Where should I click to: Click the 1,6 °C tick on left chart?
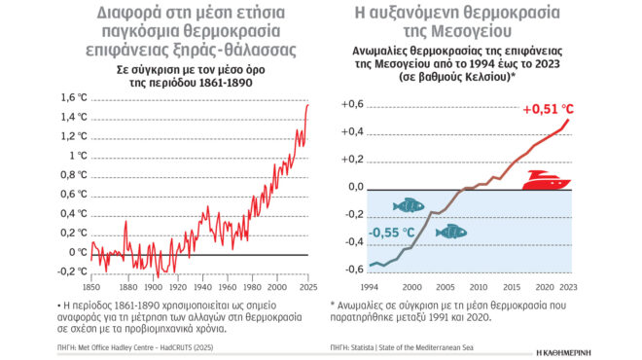74,97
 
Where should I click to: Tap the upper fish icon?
408,205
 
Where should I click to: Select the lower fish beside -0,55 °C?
449,232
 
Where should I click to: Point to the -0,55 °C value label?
392,232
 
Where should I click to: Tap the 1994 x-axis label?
371,288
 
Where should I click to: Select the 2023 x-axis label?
569,288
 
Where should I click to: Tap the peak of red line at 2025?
307,103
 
